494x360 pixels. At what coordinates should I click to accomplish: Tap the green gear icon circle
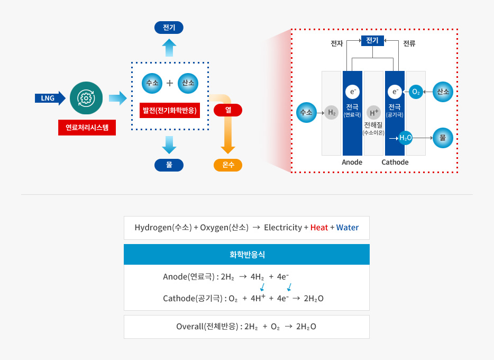tap(86, 98)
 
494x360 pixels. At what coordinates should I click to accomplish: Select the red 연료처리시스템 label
tap(87, 128)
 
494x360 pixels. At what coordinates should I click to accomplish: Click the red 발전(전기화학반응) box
tap(170, 110)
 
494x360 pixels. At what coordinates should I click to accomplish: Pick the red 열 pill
tap(228, 110)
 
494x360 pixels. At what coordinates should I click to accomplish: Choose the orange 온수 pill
tap(228, 165)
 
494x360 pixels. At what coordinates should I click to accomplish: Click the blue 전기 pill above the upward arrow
tap(169, 28)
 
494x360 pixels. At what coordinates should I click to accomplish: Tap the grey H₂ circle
tap(332, 112)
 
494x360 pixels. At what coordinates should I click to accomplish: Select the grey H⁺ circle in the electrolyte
tap(373, 113)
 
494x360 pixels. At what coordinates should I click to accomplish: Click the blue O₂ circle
tap(416, 92)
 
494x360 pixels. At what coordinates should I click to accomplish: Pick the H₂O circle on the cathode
tap(405, 138)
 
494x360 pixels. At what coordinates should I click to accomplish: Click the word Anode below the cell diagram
tap(352, 162)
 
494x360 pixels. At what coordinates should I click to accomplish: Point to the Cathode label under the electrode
tap(395, 162)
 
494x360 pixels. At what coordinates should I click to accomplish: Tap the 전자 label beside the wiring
tap(337, 43)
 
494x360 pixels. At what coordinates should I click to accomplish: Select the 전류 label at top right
tap(409, 43)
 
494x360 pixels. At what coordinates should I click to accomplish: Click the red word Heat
tap(319, 228)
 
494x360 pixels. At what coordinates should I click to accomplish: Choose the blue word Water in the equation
tap(347, 228)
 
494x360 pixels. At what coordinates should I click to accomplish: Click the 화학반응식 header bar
tap(246, 255)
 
